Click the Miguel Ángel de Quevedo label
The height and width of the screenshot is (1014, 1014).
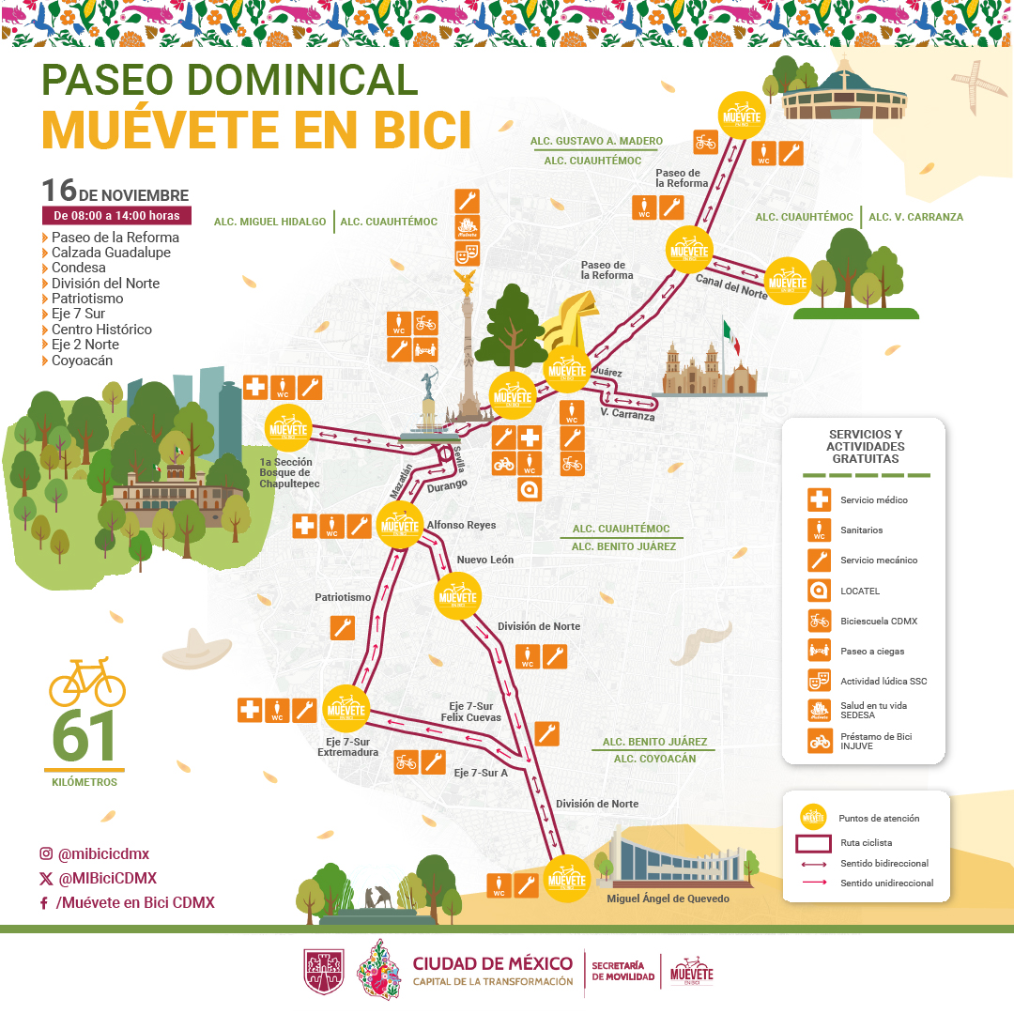[668, 899]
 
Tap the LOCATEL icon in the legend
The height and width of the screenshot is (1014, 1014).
[819, 591]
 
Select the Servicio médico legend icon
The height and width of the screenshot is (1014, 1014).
[819, 499]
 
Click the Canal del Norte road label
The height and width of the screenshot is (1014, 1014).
[730, 285]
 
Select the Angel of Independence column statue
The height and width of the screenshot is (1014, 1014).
[467, 347]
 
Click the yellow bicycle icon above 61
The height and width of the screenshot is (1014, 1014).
[86, 683]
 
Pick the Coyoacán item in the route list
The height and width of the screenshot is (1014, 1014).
[82, 361]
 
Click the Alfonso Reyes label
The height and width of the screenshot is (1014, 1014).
[461, 525]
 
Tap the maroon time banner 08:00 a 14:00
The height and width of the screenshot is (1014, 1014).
[116, 216]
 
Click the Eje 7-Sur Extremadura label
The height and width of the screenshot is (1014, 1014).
[347, 746]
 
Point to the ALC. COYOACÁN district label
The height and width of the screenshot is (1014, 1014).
[654, 759]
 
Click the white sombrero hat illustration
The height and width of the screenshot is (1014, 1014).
[196, 648]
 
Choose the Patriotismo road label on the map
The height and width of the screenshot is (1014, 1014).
[343, 597]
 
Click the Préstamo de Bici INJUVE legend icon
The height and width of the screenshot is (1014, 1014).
[819, 742]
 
